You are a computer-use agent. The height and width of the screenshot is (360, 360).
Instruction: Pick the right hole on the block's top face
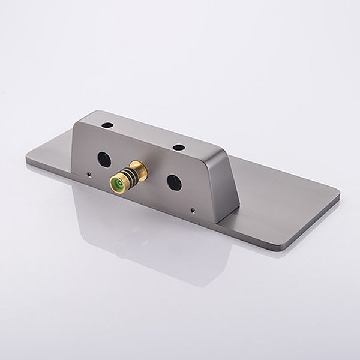click(x=178, y=148)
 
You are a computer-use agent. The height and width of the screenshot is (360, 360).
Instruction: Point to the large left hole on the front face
click(x=104, y=158)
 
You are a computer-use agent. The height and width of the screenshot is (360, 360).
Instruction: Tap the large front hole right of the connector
click(x=174, y=182)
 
